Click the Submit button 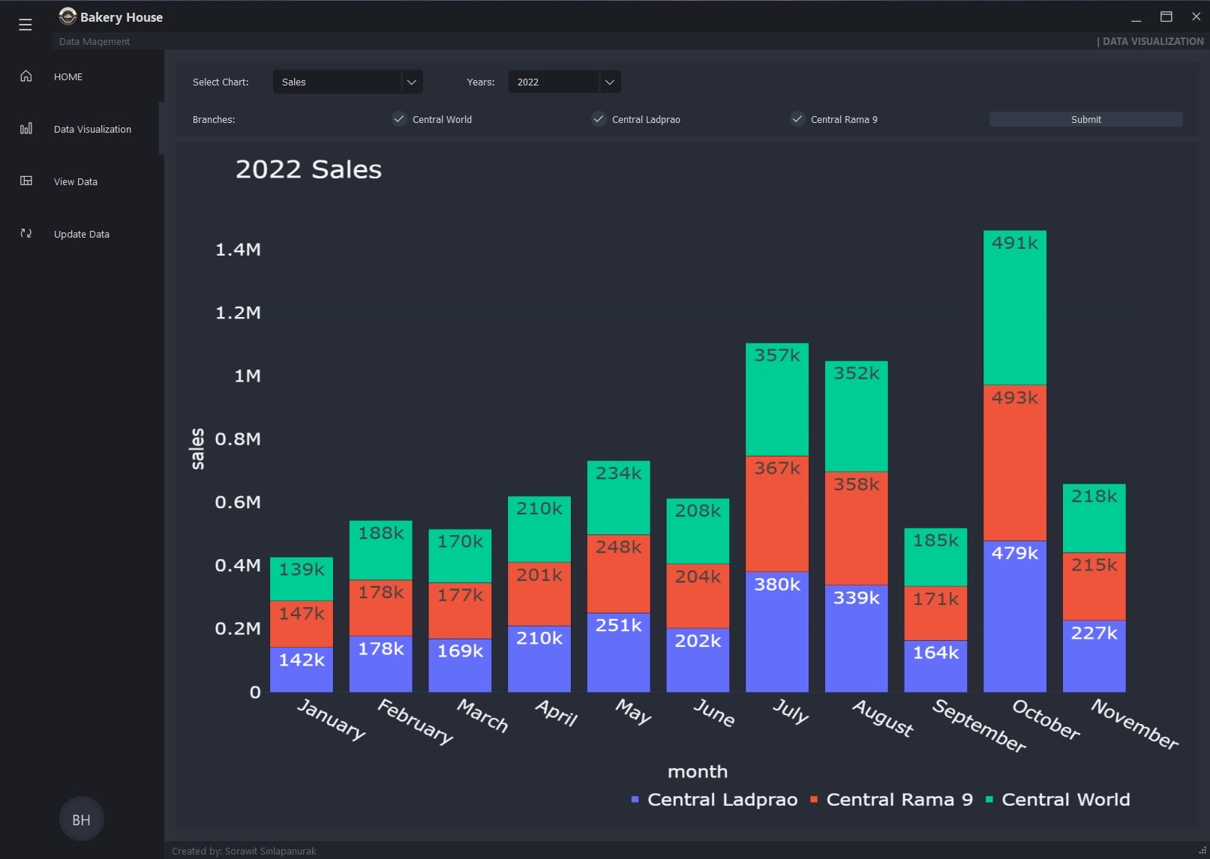(1085, 119)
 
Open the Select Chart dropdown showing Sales (347, 82)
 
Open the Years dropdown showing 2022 (564, 82)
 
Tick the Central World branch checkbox (399, 119)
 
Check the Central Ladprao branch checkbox (599, 119)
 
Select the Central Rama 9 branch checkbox (797, 119)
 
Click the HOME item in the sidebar (68, 76)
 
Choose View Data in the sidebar (75, 181)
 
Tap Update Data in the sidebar (81, 234)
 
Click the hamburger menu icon (26, 25)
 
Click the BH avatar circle (81, 819)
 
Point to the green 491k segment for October (1014, 307)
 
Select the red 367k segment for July (776, 513)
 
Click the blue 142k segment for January (301, 669)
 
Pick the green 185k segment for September (935, 557)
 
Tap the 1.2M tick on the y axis (238, 313)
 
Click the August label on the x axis (883, 717)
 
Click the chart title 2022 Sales (308, 169)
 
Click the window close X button (1196, 16)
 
